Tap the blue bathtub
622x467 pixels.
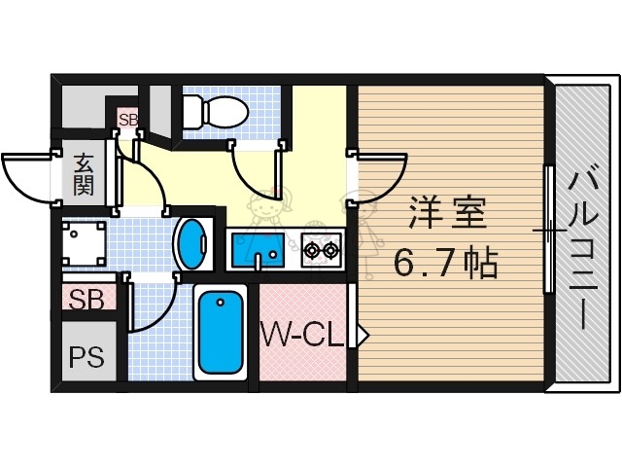tap(220, 334)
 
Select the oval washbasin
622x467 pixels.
tap(192, 243)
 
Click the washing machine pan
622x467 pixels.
tap(82, 244)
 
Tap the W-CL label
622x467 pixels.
tap(301, 336)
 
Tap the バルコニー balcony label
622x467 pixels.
tap(585, 248)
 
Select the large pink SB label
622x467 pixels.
tap(86, 300)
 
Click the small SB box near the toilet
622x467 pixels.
tap(128, 120)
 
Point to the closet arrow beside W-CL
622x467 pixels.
tap(363, 336)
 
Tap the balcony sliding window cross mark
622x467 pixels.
tap(549, 232)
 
